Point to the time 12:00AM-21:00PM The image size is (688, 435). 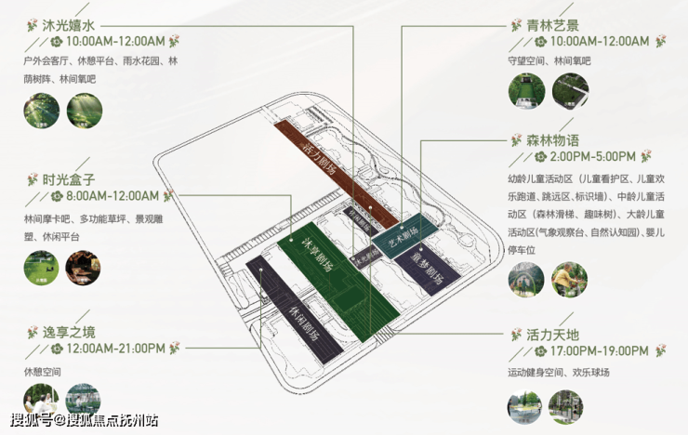click(x=117, y=349)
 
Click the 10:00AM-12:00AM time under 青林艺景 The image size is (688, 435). click(x=599, y=42)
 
